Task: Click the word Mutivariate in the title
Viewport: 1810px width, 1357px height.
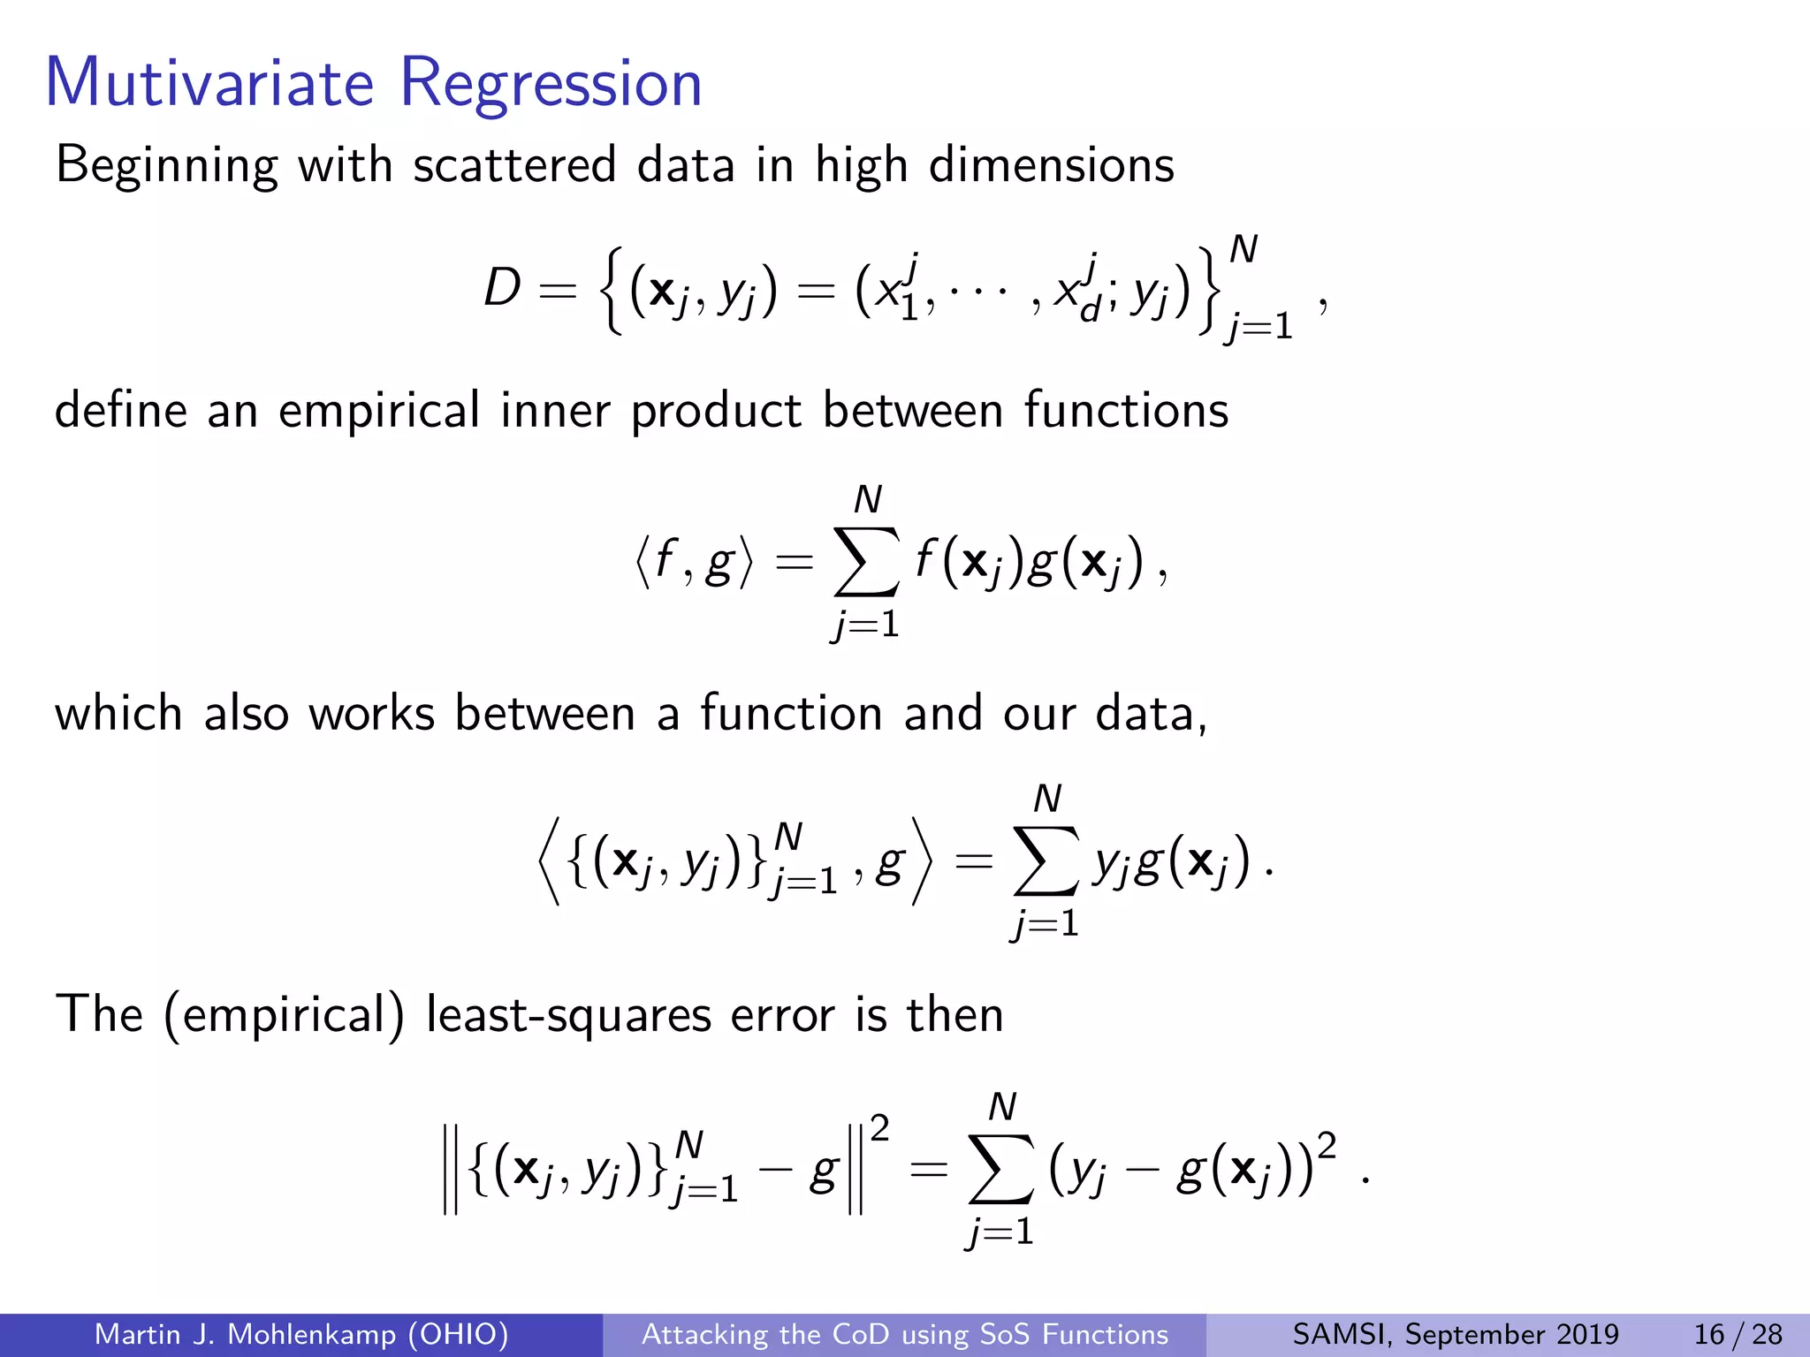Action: coord(209,83)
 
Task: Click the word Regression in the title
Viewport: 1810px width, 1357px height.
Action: coord(551,85)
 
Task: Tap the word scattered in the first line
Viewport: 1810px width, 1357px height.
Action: coord(514,165)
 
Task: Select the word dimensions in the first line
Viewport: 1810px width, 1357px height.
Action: coord(1051,165)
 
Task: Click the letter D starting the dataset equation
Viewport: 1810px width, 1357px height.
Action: coord(502,287)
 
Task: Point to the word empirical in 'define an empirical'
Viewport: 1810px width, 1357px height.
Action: coord(379,412)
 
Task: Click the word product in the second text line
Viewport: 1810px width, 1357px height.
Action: coord(716,412)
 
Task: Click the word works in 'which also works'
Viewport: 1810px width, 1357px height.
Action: coord(372,713)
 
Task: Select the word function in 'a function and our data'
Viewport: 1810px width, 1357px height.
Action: coord(791,713)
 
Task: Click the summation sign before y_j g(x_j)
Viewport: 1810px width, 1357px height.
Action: coord(1046,860)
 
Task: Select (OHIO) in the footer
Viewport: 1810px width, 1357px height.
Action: coord(458,1334)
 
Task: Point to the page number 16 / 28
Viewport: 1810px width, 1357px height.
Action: coord(1738,1334)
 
